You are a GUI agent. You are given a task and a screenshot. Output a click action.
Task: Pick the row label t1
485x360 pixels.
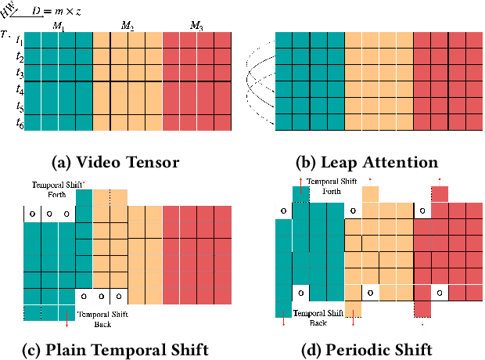pos(20,42)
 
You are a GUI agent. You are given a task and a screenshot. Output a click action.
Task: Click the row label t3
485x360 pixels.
pos(20,74)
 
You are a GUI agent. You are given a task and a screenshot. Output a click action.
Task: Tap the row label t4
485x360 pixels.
pos(20,90)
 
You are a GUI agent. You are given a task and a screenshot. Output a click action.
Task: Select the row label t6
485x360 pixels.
pos(20,123)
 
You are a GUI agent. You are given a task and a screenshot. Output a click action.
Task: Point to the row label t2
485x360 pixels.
pos(20,57)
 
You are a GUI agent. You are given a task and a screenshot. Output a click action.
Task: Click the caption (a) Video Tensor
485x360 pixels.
pos(115,163)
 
